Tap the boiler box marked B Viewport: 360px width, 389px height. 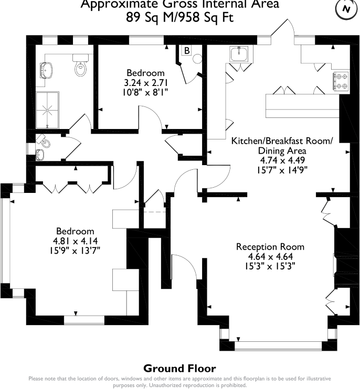(x=186, y=51)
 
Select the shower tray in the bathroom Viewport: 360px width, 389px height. (x=46, y=110)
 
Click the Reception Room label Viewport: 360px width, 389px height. (x=270, y=247)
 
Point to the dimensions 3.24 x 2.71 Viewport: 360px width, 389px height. (x=145, y=82)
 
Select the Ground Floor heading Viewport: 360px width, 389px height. (x=179, y=369)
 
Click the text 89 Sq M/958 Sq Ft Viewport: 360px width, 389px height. (x=179, y=17)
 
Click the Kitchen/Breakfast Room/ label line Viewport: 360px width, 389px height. (x=282, y=141)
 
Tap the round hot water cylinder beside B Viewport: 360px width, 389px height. (x=198, y=59)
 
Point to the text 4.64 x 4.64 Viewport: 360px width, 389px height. (x=270, y=256)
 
